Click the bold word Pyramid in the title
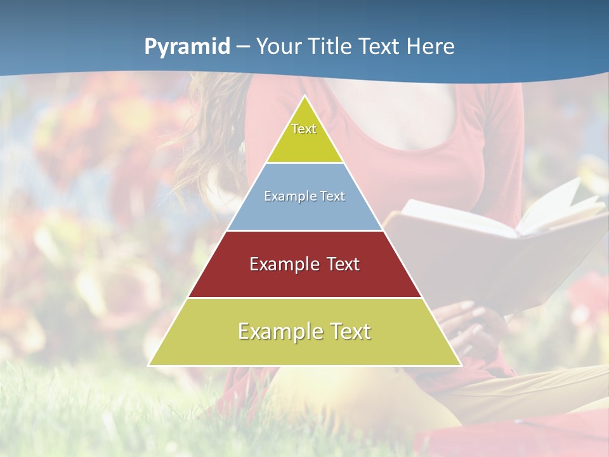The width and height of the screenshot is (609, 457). pos(187,46)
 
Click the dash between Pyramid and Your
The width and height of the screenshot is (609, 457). pos(243,47)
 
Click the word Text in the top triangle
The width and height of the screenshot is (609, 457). pos(304,129)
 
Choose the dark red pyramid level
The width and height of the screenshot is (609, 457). pos(304,279)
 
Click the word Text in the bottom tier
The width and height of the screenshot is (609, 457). pos(348,331)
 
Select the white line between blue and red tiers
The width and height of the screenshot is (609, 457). pos(304,230)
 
